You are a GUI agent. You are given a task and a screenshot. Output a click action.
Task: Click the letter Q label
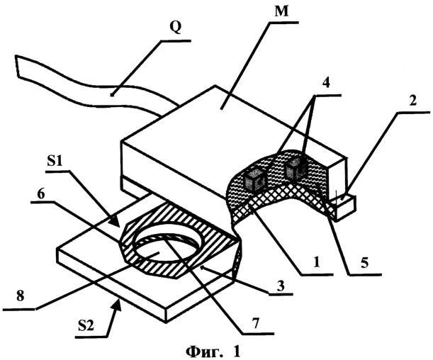[176, 28]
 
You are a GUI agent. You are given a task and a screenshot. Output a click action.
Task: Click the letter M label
[281, 12]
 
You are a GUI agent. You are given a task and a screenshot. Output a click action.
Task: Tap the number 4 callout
[326, 83]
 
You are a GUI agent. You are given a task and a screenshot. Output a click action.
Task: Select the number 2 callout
[412, 101]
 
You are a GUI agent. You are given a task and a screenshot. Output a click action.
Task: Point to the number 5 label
[365, 263]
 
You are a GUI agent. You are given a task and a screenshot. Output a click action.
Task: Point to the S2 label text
[86, 326]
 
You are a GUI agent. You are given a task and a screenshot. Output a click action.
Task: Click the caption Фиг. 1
[213, 351]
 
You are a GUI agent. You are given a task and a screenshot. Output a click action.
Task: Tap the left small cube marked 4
[254, 180]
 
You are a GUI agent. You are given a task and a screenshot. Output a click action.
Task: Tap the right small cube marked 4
[296, 169]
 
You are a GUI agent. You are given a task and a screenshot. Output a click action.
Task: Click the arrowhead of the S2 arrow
[118, 305]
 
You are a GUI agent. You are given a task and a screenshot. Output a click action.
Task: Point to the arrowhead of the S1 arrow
[116, 223]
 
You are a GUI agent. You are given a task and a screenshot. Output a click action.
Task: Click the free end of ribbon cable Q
[16, 66]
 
